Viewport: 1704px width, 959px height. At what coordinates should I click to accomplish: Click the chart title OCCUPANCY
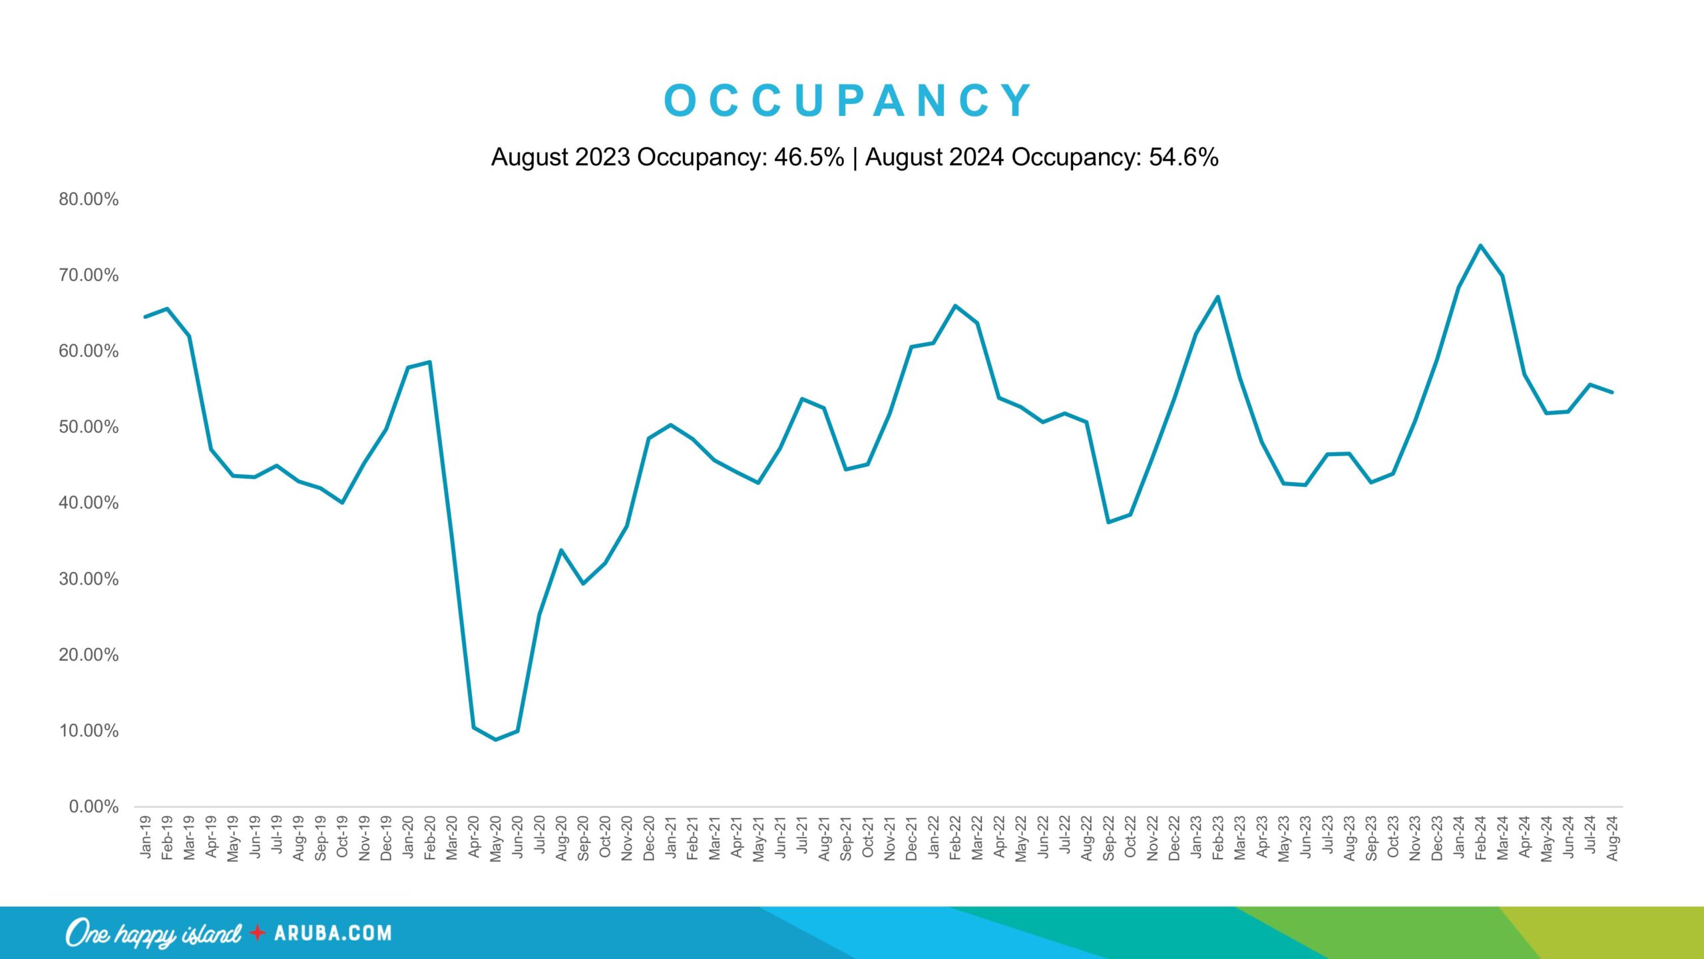click(849, 101)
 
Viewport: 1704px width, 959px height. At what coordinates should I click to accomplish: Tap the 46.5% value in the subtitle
click(809, 157)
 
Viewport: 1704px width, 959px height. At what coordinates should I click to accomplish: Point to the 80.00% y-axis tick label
click(89, 199)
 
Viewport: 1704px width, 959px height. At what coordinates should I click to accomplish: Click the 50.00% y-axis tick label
click(89, 427)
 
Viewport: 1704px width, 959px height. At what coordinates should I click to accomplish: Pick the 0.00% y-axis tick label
click(94, 807)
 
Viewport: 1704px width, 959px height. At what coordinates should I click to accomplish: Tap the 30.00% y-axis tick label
click(89, 579)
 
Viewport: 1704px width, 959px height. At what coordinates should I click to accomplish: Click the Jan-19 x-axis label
click(146, 837)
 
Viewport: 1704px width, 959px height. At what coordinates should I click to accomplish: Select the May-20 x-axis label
click(496, 838)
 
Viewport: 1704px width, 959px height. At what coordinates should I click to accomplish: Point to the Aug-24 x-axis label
click(1612, 838)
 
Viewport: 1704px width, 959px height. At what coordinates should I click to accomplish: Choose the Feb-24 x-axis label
click(1480, 838)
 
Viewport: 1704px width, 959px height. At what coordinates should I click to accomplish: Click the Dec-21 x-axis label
click(911, 838)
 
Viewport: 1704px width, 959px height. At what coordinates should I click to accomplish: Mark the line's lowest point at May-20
click(496, 739)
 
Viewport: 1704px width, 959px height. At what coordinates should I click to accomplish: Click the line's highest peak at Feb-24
click(1480, 246)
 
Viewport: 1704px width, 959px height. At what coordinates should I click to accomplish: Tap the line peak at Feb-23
click(1218, 297)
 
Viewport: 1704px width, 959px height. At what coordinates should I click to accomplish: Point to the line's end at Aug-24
click(1611, 392)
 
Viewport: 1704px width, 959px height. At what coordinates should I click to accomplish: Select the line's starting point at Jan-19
click(146, 316)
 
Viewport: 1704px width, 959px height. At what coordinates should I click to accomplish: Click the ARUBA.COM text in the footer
click(333, 933)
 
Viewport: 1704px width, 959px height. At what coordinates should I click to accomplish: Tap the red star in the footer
click(257, 933)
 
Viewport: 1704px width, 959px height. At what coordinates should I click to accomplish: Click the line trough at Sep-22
click(1108, 522)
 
